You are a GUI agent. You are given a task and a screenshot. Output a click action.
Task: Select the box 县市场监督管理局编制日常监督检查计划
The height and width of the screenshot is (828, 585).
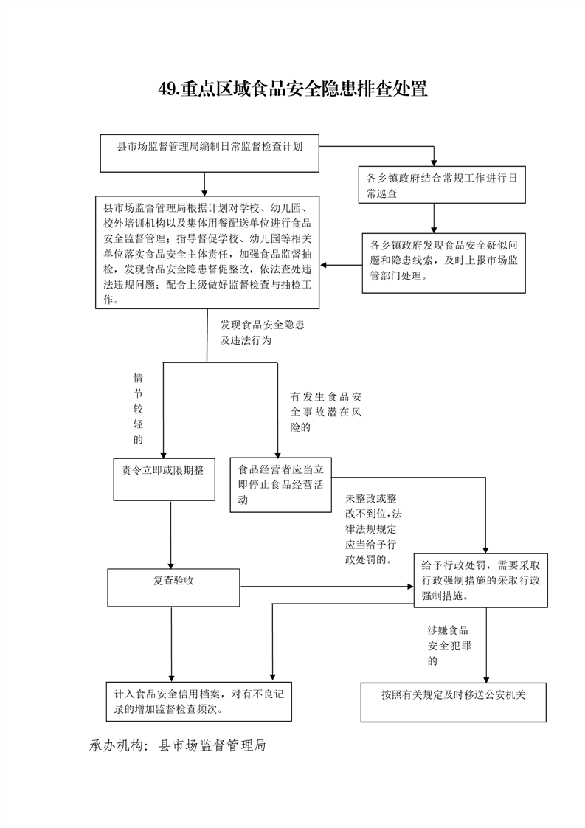click(210, 153)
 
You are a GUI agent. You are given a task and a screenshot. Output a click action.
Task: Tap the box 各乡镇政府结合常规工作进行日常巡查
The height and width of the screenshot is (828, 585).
click(442, 184)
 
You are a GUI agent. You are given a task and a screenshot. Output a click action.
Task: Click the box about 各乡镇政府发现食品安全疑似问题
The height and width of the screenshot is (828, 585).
click(444, 263)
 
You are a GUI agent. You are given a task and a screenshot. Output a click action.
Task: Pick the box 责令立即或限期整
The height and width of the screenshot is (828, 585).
click(165, 480)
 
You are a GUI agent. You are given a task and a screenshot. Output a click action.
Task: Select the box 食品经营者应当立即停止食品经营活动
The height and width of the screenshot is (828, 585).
click(281, 485)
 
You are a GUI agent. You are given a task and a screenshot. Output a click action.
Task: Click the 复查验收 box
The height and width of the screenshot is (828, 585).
click(173, 587)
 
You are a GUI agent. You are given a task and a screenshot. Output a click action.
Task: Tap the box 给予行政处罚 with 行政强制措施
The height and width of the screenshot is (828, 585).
click(480, 580)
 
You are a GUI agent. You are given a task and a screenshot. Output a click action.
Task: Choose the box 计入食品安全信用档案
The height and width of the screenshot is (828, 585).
click(199, 702)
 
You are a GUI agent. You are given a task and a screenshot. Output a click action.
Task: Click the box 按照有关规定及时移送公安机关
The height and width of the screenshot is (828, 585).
click(454, 703)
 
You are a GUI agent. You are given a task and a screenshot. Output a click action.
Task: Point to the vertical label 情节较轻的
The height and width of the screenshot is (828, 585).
click(139, 408)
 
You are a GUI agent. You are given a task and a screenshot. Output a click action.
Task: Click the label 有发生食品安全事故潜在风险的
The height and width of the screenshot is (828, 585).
click(326, 412)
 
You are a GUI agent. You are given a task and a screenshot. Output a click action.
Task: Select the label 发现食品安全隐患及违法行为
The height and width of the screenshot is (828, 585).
click(263, 332)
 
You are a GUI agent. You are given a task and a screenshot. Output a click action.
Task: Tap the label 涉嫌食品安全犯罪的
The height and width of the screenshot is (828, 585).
click(449, 645)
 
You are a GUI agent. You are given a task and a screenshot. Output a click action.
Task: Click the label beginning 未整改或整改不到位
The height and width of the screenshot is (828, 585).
click(374, 529)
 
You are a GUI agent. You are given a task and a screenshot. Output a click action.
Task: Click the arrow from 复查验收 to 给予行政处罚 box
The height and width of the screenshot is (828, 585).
click(327, 587)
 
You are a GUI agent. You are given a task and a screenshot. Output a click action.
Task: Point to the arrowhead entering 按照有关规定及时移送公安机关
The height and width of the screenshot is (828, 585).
click(486, 679)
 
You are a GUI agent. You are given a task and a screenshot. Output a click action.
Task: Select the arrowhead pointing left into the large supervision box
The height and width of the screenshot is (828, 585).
click(324, 265)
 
